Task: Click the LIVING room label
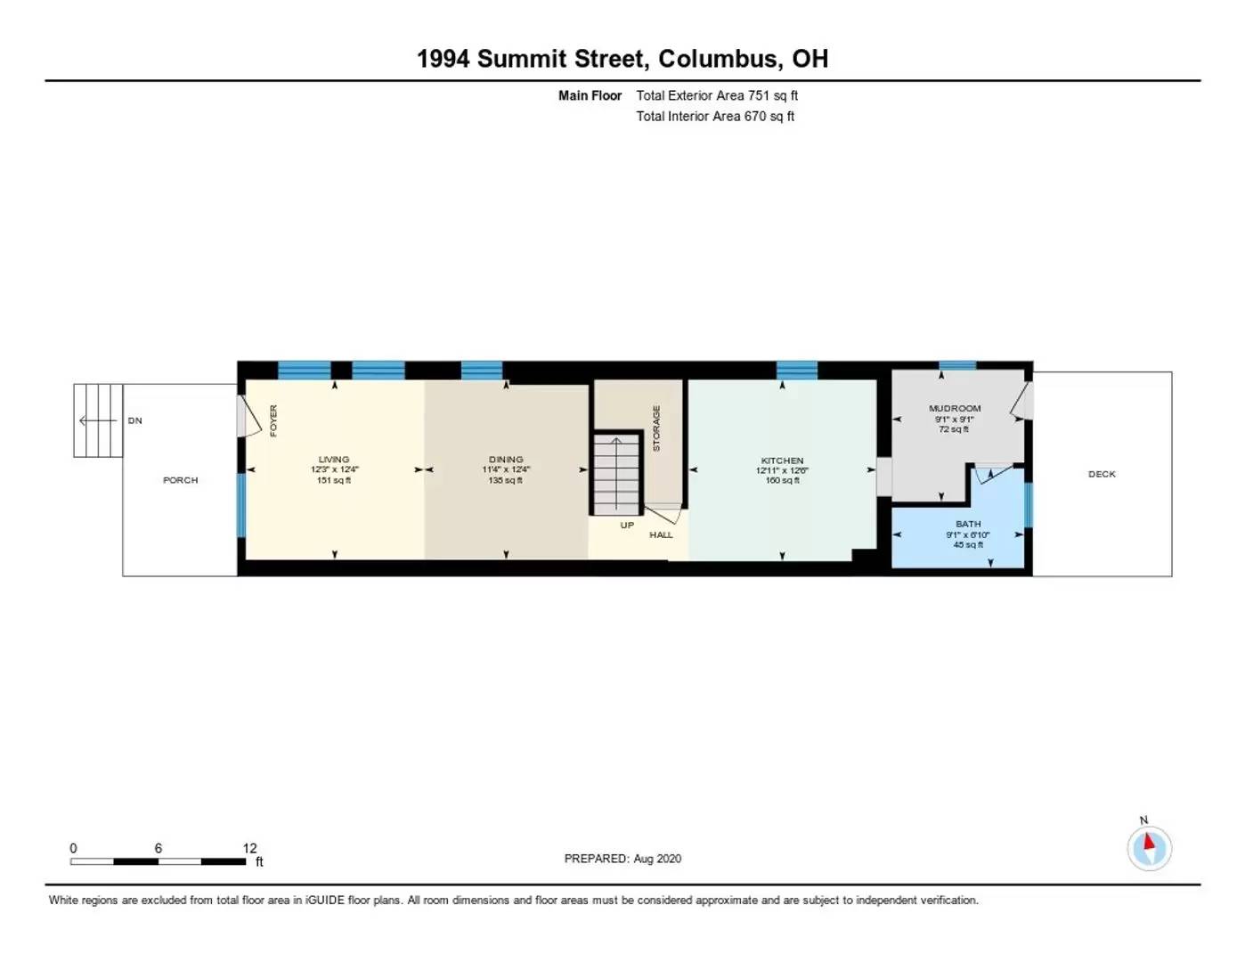click(x=334, y=460)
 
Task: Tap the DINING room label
click(x=506, y=460)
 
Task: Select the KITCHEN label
click(x=782, y=461)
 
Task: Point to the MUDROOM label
click(x=955, y=409)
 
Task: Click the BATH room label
click(x=968, y=525)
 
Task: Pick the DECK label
click(x=1102, y=474)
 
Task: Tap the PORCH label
click(x=180, y=480)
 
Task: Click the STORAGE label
click(x=657, y=428)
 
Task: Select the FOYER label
click(x=273, y=420)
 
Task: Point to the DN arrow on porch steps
click(x=97, y=420)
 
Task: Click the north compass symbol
click(x=1149, y=847)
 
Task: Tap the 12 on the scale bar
click(x=249, y=848)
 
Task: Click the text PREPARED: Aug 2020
click(x=622, y=859)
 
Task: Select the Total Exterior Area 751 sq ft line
click(x=717, y=95)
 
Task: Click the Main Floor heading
click(x=590, y=95)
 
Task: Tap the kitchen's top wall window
click(x=797, y=370)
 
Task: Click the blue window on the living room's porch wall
click(x=240, y=505)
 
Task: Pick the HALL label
click(x=661, y=534)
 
